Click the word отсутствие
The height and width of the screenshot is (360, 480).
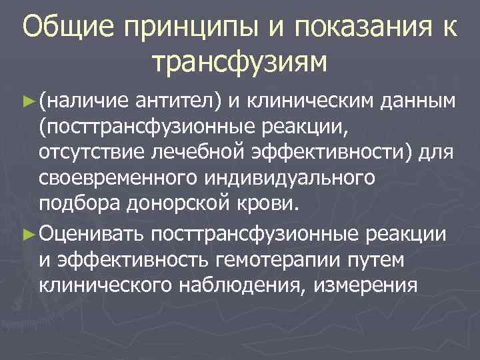click(86, 154)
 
